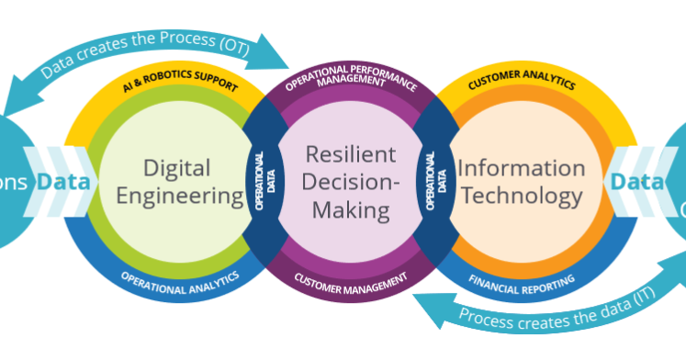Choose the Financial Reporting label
point(522,278)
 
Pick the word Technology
point(521,195)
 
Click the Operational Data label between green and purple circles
point(259,181)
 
